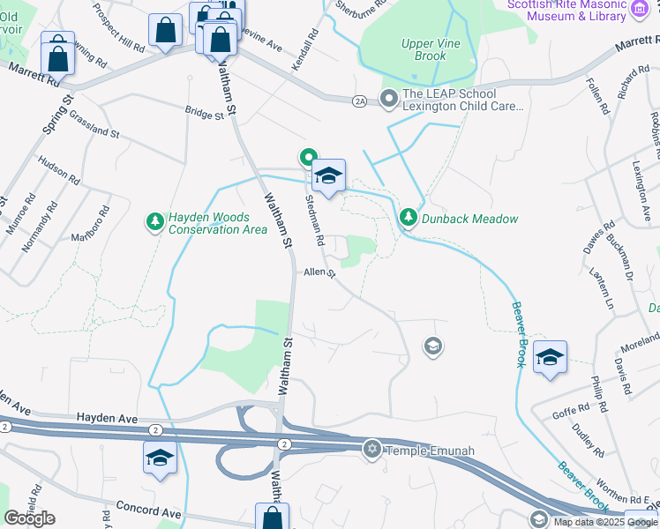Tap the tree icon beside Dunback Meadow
[x=408, y=217]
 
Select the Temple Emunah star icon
[x=372, y=451]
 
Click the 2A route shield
[x=358, y=101]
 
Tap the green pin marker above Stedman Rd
[x=308, y=159]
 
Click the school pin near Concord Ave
[x=160, y=458]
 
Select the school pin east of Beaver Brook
[x=550, y=358]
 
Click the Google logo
[x=29, y=518]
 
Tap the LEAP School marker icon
[x=386, y=98]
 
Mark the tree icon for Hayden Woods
[x=155, y=220]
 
